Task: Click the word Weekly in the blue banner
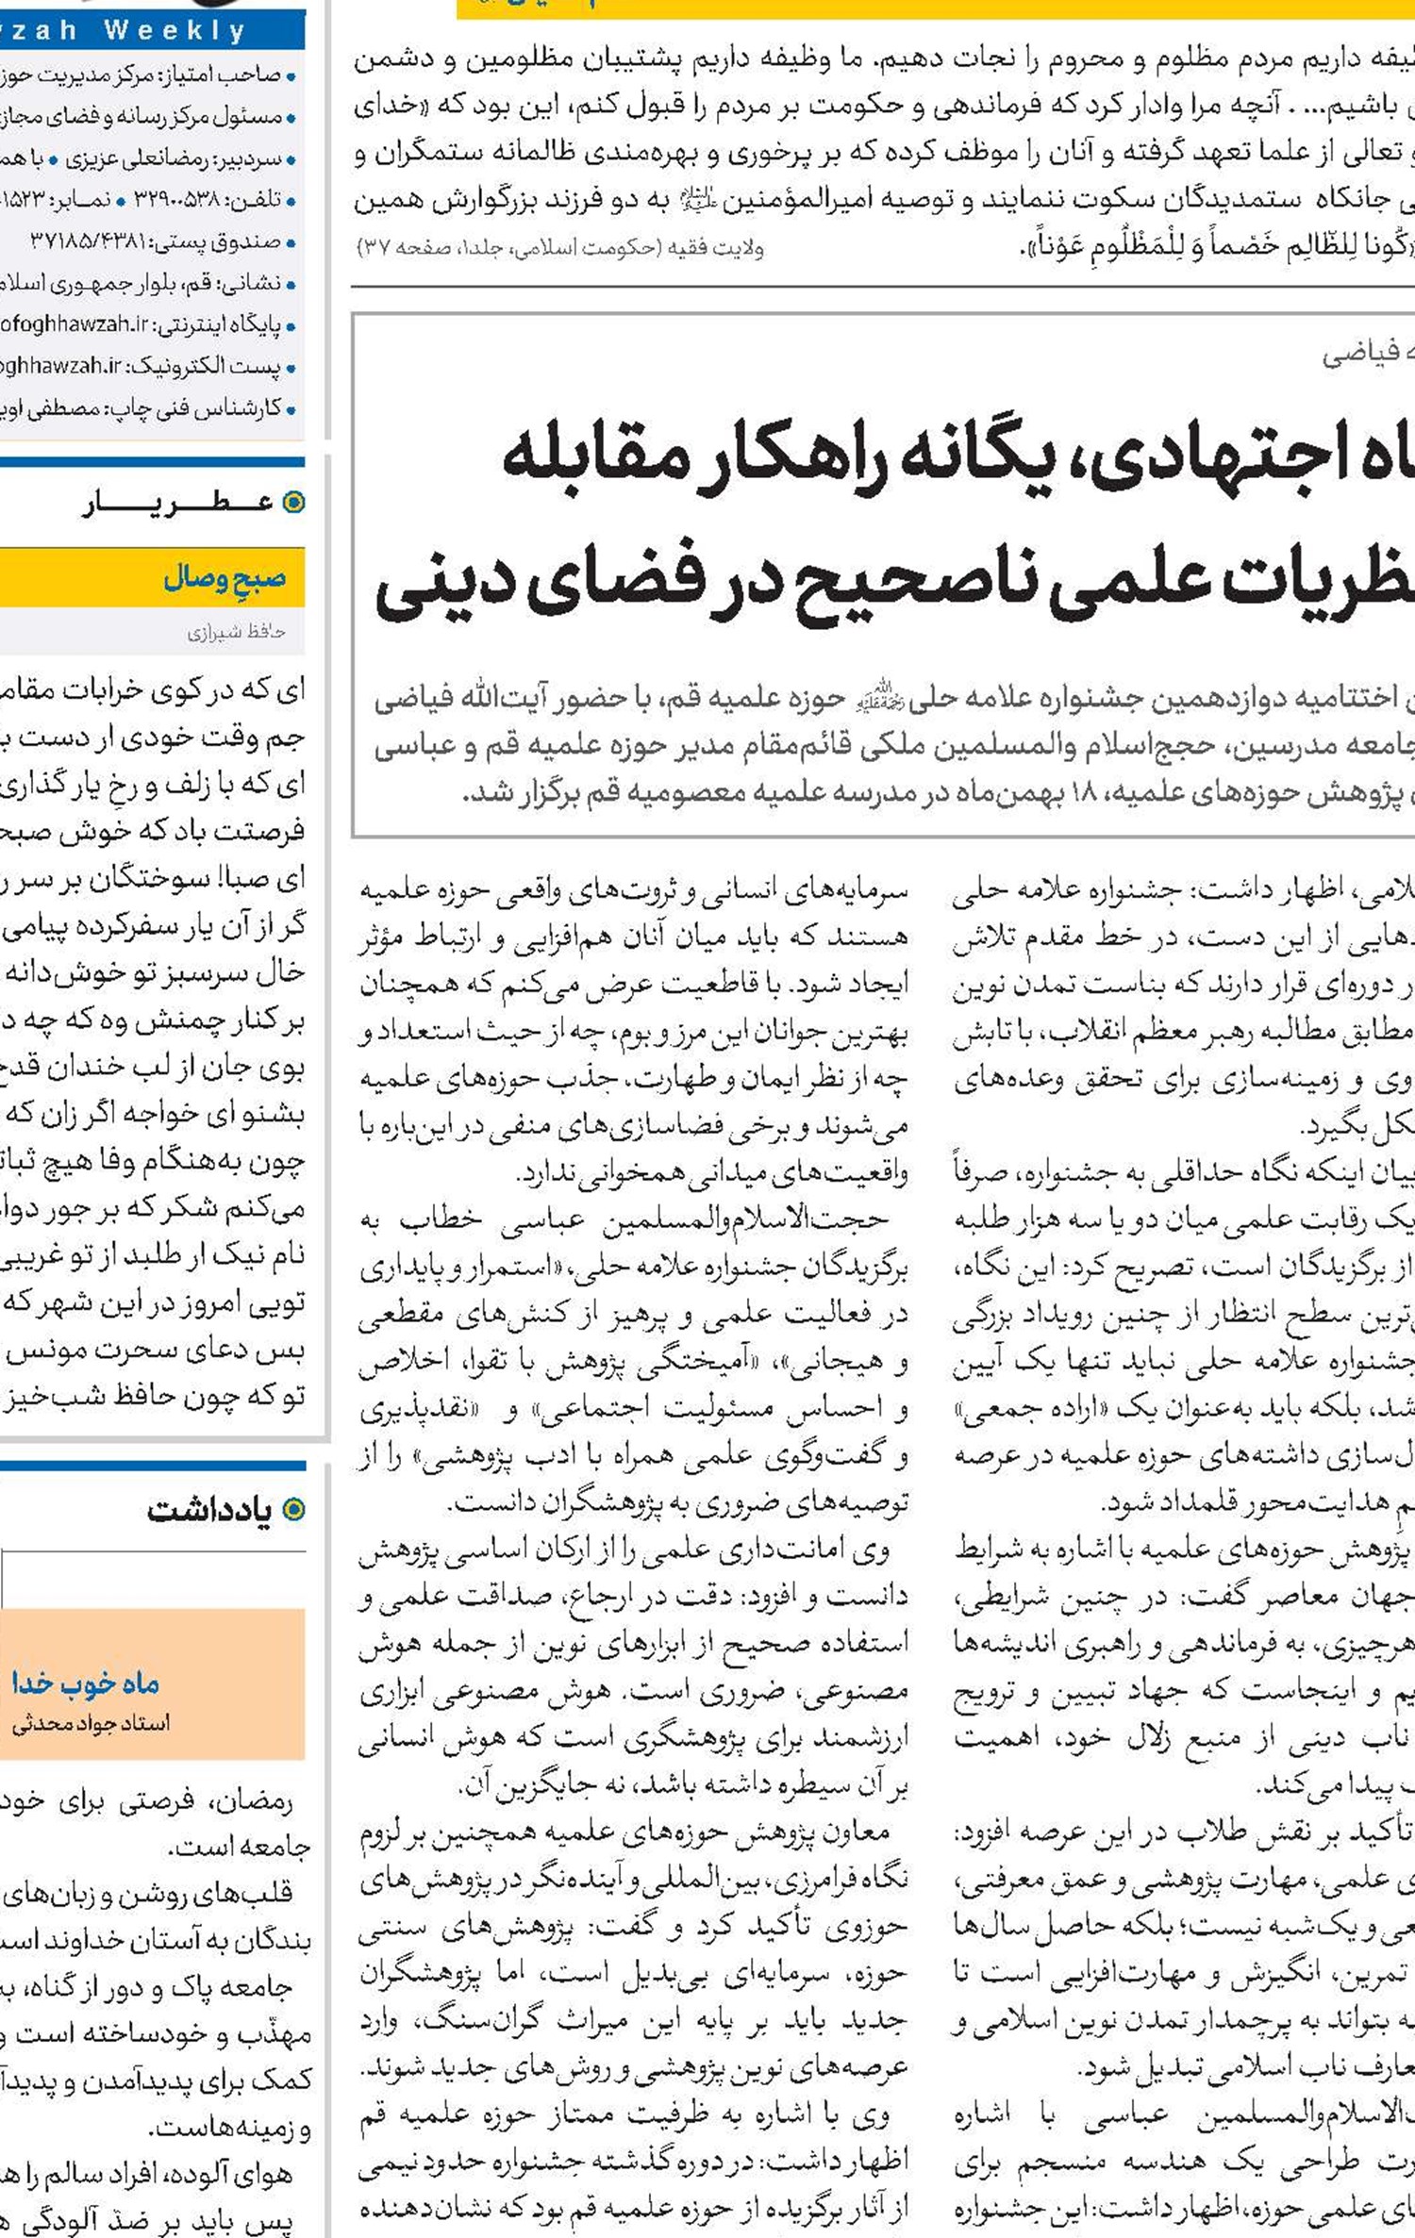coord(175,30)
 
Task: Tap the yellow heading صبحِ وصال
coord(225,577)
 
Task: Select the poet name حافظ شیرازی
coord(236,632)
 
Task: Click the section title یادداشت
coord(209,1510)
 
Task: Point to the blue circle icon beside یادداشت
coord(294,1510)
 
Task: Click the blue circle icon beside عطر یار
coord(294,502)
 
